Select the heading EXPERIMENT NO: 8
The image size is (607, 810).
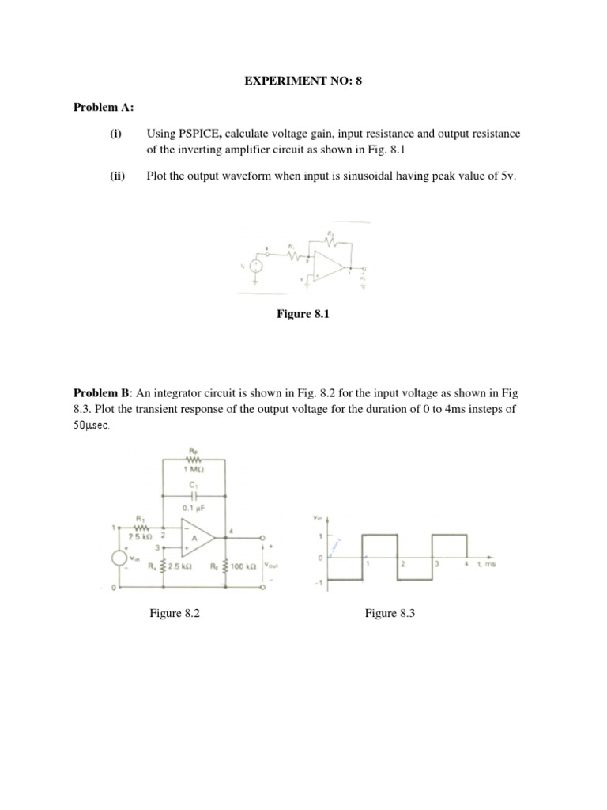pos(303,80)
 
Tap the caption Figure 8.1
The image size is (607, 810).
pos(302,314)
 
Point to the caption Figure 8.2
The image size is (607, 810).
pos(174,613)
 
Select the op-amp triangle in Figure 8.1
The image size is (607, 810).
pos(325,265)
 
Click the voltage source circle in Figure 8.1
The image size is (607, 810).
pos(255,267)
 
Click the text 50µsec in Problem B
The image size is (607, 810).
pos(93,425)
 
